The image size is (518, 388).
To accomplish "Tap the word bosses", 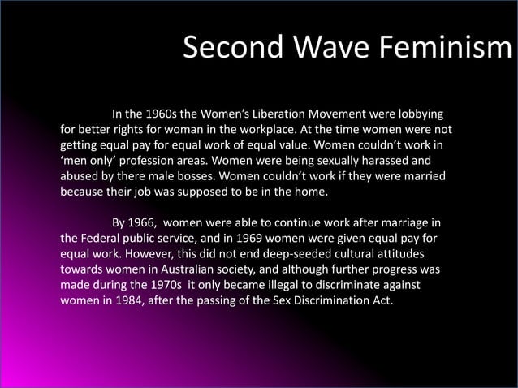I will pyautogui.click(x=202, y=177).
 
